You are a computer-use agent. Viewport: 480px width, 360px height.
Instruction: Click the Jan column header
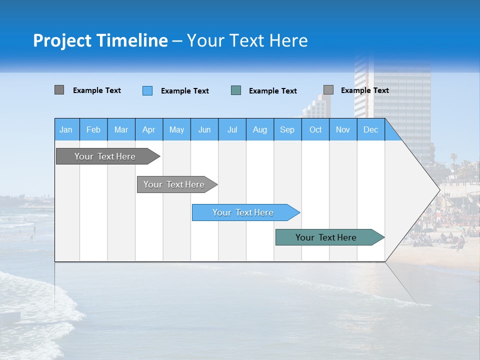coord(66,129)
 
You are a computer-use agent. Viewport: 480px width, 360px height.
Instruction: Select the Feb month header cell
coord(93,129)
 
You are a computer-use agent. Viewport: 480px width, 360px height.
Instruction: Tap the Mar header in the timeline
coord(121,129)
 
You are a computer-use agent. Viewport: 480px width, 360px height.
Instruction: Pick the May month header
coord(176,129)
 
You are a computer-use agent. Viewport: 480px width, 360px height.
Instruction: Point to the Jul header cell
coord(232,129)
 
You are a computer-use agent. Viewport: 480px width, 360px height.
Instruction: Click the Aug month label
coord(259,129)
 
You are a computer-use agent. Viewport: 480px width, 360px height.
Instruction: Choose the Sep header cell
coord(287,129)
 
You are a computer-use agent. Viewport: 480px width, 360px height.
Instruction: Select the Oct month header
coord(315,129)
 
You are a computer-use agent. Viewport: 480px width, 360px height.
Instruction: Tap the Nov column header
coord(342,129)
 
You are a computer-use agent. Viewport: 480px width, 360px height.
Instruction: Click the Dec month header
coord(370,129)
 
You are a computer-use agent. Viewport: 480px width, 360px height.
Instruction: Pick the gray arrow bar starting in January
coord(105,156)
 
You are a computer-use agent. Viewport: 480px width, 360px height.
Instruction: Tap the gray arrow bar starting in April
coord(174,184)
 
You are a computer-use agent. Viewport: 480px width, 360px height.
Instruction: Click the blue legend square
coord(147,90)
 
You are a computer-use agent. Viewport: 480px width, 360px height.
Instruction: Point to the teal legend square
coord(236,90)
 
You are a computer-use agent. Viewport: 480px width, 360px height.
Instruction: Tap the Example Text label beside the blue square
coord(185,91)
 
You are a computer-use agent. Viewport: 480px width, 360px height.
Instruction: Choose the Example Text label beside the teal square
coord(273,91)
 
